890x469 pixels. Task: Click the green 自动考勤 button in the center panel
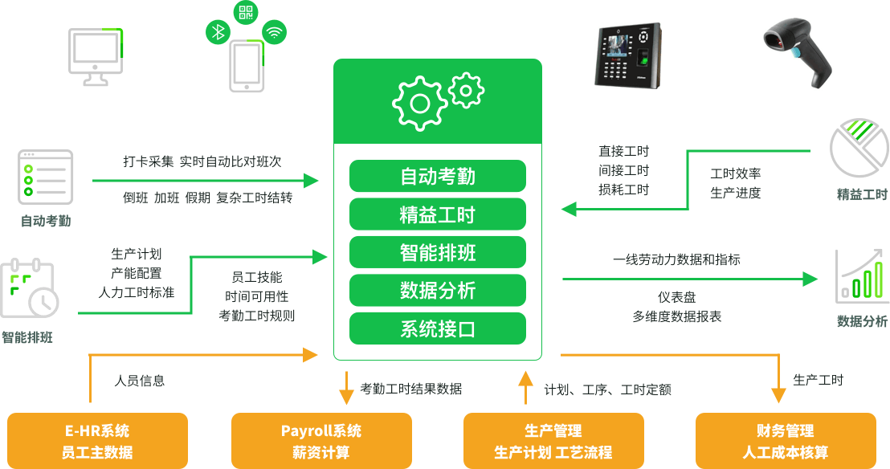pyautogui.click(x=437, y=176)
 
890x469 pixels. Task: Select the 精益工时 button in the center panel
pyautogui.click(x=437, y=214)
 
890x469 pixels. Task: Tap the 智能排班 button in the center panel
pyautogui.click(x=437, y=252)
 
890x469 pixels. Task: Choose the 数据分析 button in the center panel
pyautogui.click(x=437, y=290)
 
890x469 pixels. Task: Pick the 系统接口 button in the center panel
pyautogui.click(x=437, y=328)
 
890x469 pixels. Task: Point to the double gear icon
pyautogui.click(x=439, y=98)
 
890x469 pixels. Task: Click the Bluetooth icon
pyautogui.click(x=218, y=32)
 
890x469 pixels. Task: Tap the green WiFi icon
pyautogui.click(x=275, y=32)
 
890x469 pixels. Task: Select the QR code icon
pyautogui.click(x=246, y=12)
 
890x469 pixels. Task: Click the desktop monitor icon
pyautogui.click(x=96, y=55)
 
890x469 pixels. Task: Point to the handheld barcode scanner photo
pyautogui.click(x=798, y=53)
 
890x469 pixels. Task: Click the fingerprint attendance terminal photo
pyautogui.click(x=628, y=55)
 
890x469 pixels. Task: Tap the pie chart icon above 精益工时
pyautogui.click(x=859, y=148)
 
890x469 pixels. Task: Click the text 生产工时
pyautogui.click(x=818, y=380)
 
